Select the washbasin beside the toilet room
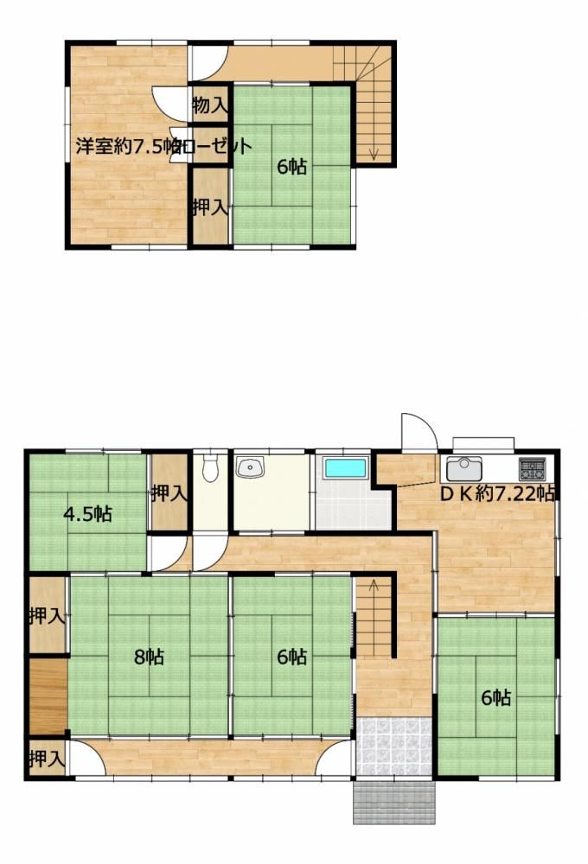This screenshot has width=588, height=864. coord(252,468)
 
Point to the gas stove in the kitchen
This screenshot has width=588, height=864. coord(532,470)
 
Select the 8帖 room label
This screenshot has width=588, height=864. coord(149,657)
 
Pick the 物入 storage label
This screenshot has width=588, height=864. coord(210,105)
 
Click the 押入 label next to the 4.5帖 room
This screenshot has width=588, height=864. coord(169,493)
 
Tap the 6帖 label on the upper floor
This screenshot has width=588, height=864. coord(292,167)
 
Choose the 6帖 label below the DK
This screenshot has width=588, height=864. coord(495,697)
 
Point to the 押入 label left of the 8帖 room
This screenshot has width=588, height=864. coord(46,616)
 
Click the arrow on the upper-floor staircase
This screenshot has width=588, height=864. coord(374,152)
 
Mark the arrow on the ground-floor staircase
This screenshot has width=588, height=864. coord(374,588)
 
